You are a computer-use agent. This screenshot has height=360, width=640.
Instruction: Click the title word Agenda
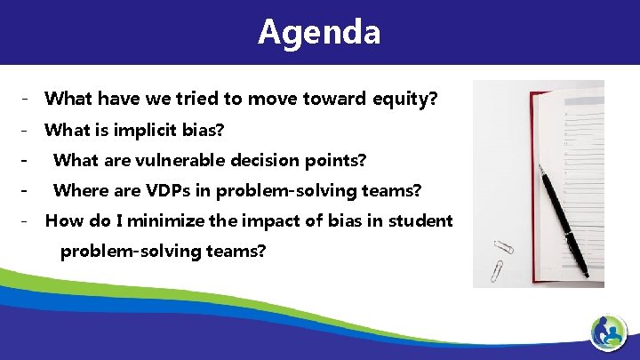pos(319,32)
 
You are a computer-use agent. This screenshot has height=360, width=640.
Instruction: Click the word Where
pos(77,190)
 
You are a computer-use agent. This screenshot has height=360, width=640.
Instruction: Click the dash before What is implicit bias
pos(28,131)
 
